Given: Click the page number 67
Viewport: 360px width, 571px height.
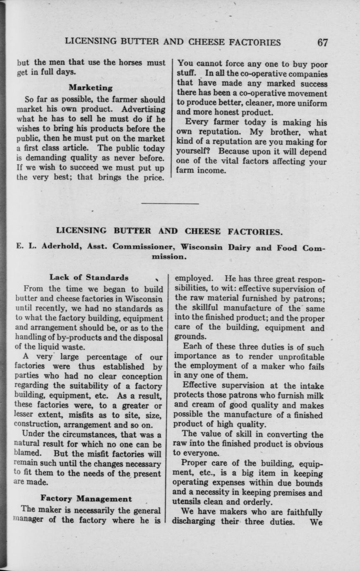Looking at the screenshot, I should click(322, 42).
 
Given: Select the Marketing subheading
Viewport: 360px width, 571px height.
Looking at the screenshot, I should click(91, 88).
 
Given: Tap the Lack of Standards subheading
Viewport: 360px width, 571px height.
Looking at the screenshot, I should click(89, 277).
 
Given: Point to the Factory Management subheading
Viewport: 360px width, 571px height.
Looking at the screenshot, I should click(86, 499).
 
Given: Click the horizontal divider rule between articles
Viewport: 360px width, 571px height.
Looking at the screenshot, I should click(170, 203).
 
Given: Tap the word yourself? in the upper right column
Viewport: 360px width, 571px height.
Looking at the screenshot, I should click(195, 152).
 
